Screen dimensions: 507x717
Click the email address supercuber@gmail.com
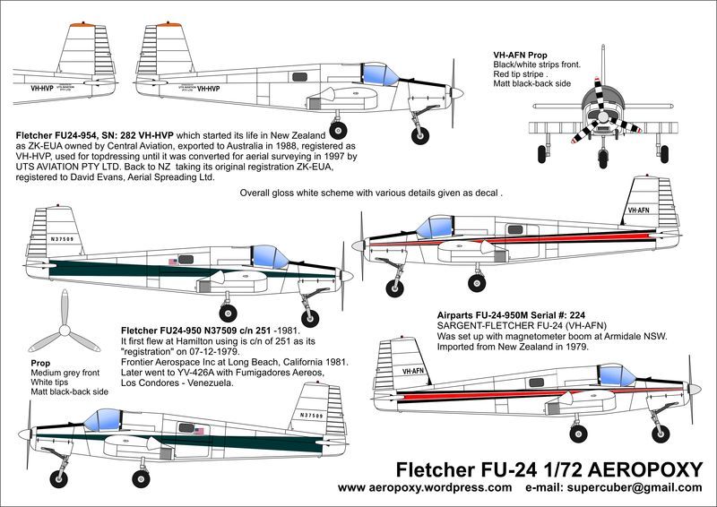[x=647, y=488]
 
